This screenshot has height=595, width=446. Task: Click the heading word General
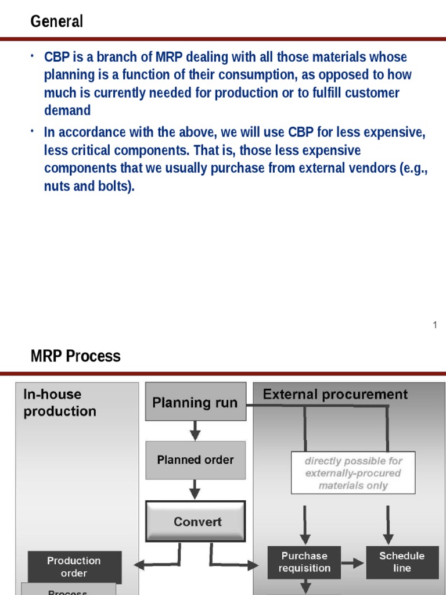coord(56,21)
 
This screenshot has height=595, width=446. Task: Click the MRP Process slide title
coord(75,356)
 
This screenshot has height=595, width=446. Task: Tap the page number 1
coord(434,325)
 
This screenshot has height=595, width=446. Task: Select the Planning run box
coord(195,402)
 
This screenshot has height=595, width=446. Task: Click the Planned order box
coord(195,460)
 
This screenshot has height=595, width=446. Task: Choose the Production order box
coord(74,567)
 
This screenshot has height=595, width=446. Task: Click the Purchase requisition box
coord(304,562)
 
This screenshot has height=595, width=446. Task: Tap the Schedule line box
coord(402,562)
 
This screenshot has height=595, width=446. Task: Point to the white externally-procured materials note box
coord(353,472)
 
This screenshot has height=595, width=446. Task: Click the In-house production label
coord(59,403)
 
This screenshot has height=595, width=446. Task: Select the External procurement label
coord(335,395)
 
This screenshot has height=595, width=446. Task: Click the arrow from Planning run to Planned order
coord(195,431)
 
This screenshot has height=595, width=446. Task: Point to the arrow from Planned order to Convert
coord(195,490)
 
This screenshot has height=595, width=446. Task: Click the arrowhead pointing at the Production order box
coord(139,564)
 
